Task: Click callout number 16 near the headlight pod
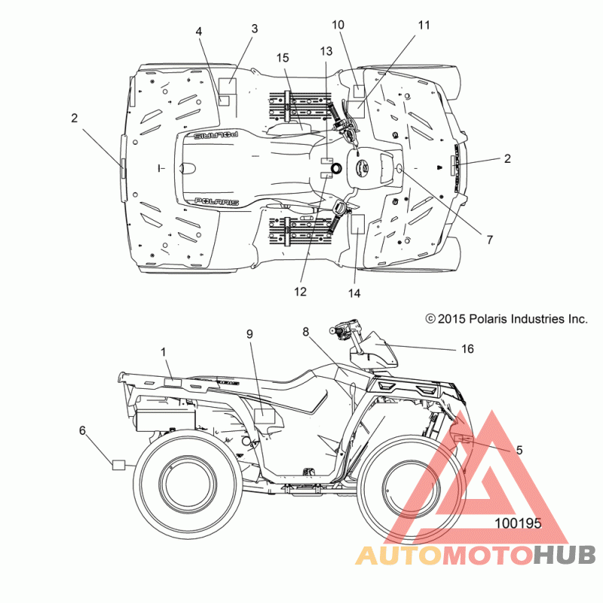click(x=467, y=349)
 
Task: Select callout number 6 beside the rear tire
click(x=82, y=430)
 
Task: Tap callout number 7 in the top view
click(x=489, y=240)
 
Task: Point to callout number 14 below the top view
click(x=354, y=293)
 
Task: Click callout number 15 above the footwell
click(x=283, y=58)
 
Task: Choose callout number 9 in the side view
click(x=249, y=334)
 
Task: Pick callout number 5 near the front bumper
click(x=519, y=449)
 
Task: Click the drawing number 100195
click(x=518, y=523)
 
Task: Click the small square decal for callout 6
click(x=119, y=464)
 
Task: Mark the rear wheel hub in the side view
click(x=188, y=487)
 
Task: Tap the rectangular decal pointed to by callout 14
click(x=357, y=224)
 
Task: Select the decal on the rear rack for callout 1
click(x=173, y=382)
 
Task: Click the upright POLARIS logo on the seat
click(x=216, y=201)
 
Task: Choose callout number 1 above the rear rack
click(x=164, y=352)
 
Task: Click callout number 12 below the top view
click(x=300, y=292)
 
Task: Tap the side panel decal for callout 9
click(x=265, y=416)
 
